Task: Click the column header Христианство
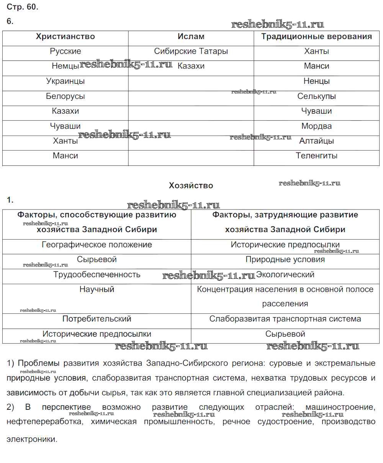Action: click(65, 37)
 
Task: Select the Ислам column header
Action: click(191, 37)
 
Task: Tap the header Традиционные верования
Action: click(316, 37)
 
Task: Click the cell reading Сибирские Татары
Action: click(191, 51)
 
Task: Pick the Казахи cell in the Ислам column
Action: click(191, 66)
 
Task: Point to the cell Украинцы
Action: click(65, 81)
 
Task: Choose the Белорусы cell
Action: click(65, 96)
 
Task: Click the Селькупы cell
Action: click(316, 96)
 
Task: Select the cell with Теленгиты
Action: click(316, 156)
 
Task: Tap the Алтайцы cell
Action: click(316, 141)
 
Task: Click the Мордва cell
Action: click(316, 126)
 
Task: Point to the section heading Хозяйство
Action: click(191, 186)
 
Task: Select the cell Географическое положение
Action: click(97, 245)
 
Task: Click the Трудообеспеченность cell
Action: click(97, 275)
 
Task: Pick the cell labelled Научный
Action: click(97, 290)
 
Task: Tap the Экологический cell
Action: click(285, 275)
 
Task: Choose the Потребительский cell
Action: click(97, 319)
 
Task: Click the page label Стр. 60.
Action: click(23, 7)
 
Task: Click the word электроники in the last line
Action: click(32, 440)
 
